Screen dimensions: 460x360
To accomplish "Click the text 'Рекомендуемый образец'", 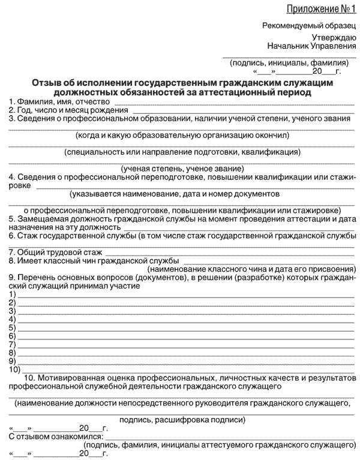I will coord(310,25).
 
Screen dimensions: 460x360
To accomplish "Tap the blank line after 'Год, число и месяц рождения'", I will coord(243,112).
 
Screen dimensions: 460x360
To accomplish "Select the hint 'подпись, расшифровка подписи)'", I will coord(182,420).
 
